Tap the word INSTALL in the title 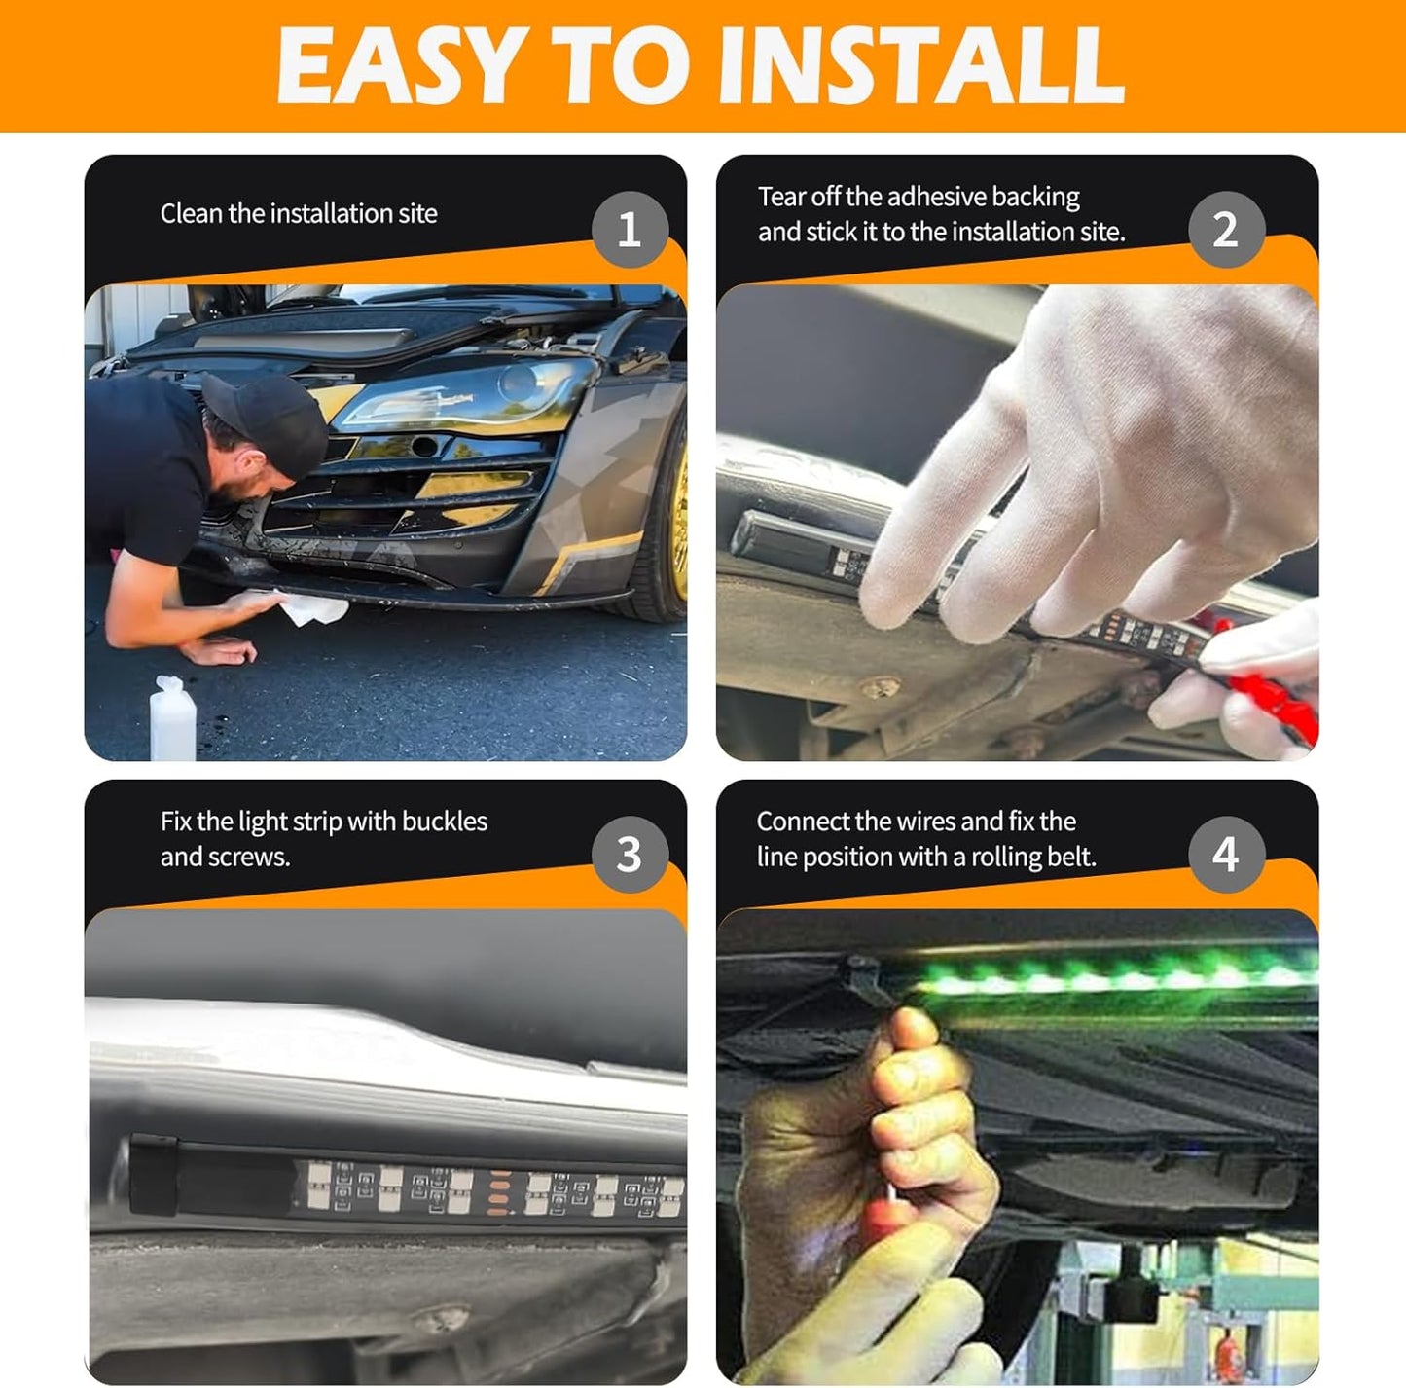coord(922,65)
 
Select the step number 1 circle coord(630,230)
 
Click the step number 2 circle coord(1226,230)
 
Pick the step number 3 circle coord(630,855)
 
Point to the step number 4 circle coord(1226,855)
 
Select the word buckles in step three coord(445,822)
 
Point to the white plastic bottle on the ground coord(172,718)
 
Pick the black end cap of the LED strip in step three coord(153,1176)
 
